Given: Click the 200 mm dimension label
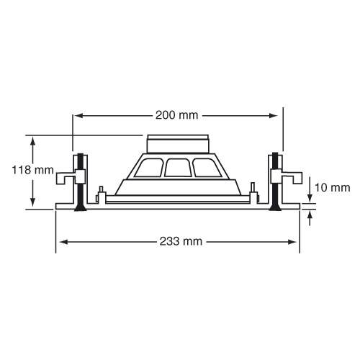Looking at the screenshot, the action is point(177,115).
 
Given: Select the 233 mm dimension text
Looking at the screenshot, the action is point(181,241).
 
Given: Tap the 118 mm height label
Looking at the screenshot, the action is point(33,170).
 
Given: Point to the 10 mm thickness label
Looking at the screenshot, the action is point(333,187).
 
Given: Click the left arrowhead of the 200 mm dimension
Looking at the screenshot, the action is point(78,116).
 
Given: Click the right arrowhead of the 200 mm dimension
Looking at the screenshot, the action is point(274,116).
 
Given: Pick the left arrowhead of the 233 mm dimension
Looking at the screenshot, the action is point(63,242).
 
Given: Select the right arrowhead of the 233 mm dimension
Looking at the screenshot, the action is point(292,242).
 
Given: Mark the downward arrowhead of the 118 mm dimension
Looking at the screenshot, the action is point(33,202).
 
